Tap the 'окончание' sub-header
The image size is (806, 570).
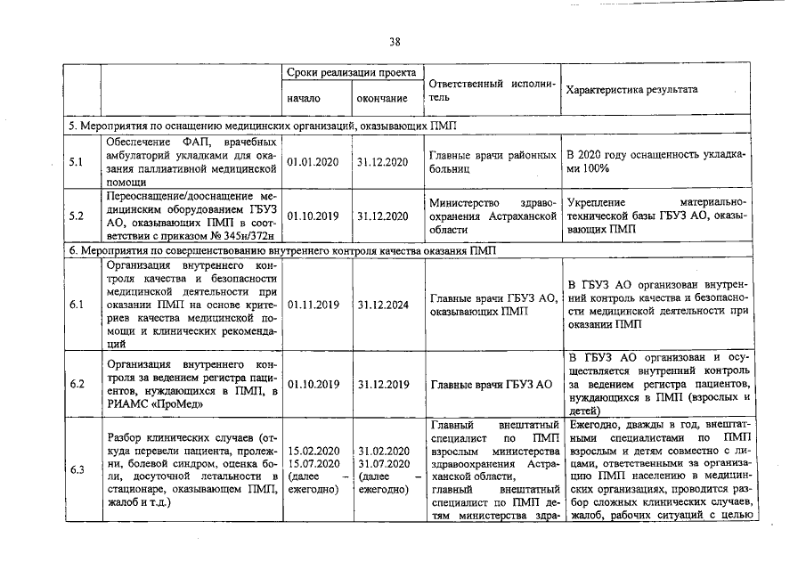383,98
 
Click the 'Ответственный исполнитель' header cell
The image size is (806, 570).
492,90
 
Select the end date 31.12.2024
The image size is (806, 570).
383,305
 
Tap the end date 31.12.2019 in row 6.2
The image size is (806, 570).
383,385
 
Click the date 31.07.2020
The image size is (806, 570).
383,464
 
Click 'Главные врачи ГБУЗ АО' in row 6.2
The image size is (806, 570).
492,385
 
